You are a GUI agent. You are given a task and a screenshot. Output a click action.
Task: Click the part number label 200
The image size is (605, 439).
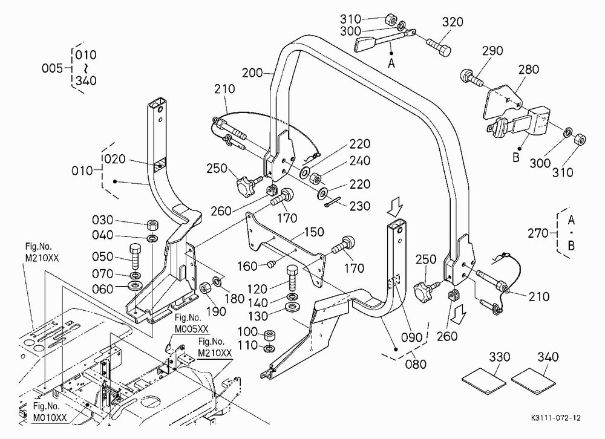click(x=252, y=73)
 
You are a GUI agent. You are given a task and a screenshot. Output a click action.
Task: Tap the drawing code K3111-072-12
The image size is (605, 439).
click(x=555, y=418)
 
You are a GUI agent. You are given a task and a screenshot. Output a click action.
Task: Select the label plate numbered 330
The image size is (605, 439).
click(x=484, y=382)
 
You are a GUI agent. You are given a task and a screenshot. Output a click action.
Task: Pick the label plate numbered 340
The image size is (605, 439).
click(x=533, y=382)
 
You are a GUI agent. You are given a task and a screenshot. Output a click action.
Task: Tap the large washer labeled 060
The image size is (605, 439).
click(x=135, y=286)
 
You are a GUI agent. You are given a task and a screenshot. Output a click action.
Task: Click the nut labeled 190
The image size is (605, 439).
click(x=204, y=287)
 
